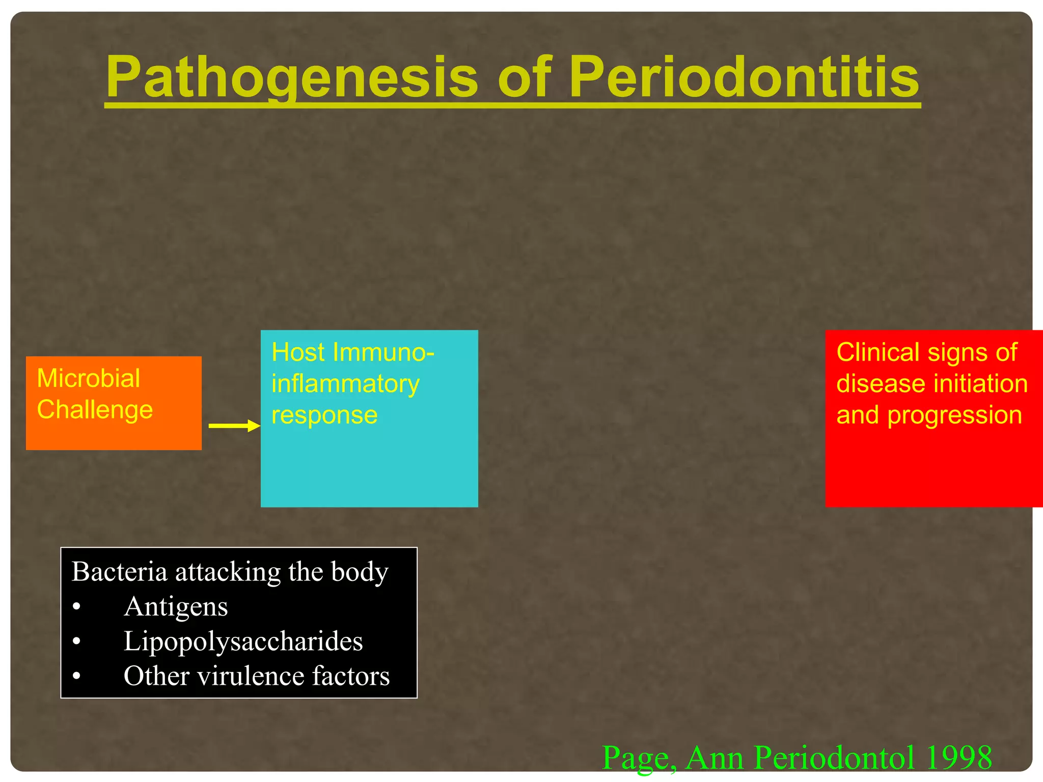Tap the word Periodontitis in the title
(744, 77)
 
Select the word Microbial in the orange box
(88, 378)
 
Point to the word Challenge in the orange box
(95, 410)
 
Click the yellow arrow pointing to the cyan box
(234, 426)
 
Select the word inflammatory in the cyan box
(345, 384)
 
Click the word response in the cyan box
(324, 415)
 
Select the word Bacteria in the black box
(119, 571)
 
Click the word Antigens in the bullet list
(176, 607)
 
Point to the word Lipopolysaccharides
(243, 641)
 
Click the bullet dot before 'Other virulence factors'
(76, 676)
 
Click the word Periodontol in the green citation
(833, 758)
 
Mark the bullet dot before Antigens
(76, 607)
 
